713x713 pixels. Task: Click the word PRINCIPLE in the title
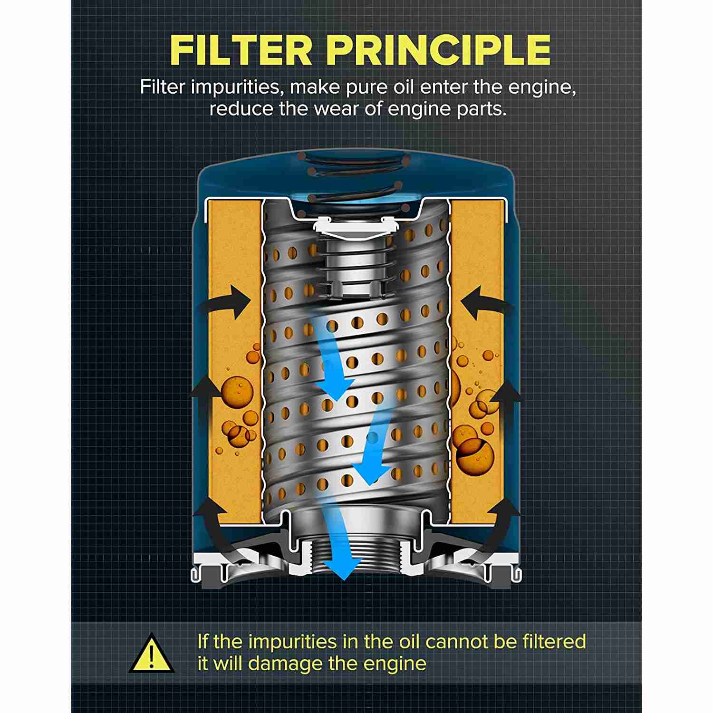pyautogui.click(x=439, y=49)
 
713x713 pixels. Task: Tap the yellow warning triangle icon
pyautogui.click(x=152, y=653)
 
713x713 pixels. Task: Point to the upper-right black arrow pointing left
pyautogui.click(x=485, y=304)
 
